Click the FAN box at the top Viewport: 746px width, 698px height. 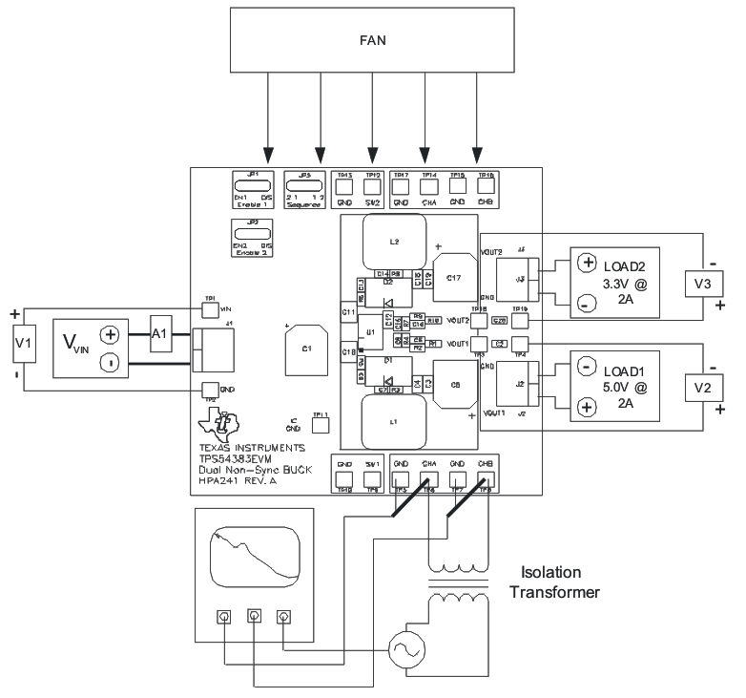pos(373,40)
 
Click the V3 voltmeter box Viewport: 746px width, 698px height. pos(702,283)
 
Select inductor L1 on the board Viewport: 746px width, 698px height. pos(392,420)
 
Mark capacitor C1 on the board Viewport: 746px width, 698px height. pos(306,349)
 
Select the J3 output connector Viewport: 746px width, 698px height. pos(521,280)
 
